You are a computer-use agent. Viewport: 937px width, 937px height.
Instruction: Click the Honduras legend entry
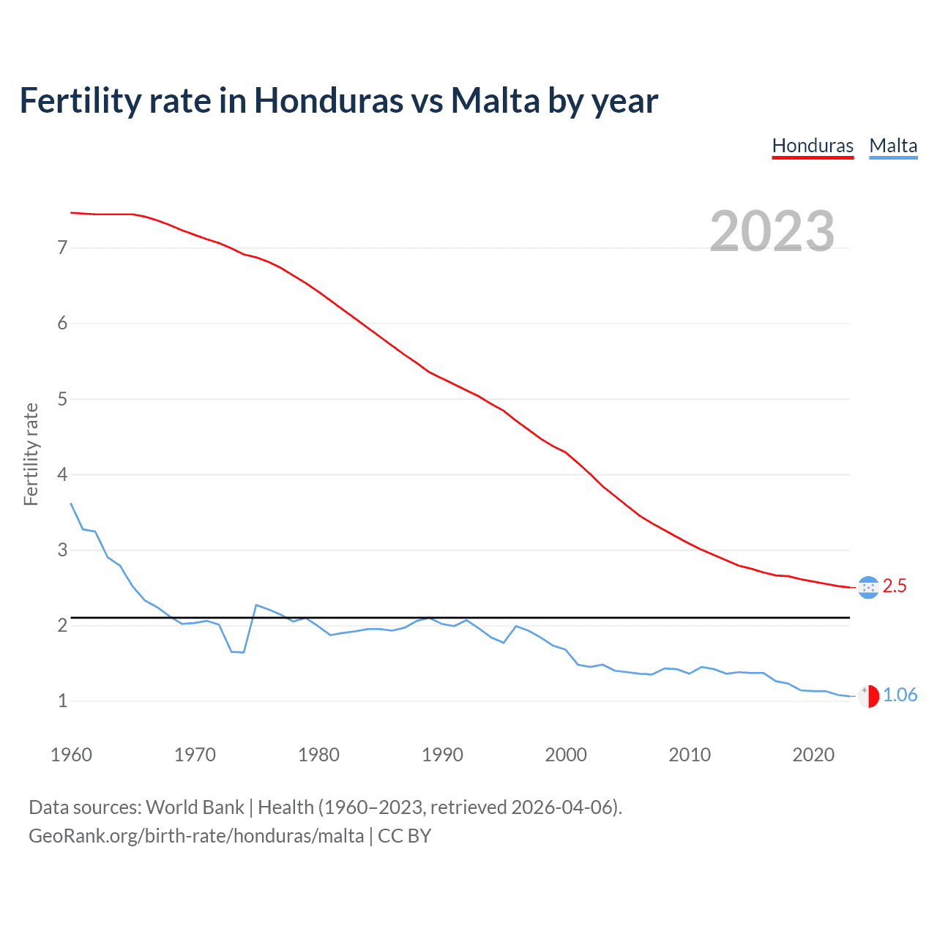click(x=813, y=146)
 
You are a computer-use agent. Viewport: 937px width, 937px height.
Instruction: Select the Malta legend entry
click(x=893, y=146)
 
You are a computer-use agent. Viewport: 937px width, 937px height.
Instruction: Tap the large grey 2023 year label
click(x=772, y=231)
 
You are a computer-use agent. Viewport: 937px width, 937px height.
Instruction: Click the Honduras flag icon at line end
click(x=868, y=587)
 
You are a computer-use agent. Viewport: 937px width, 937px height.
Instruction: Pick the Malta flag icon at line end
click(x=868, y=696)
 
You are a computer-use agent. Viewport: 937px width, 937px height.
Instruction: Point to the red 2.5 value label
click(x=895, y=586)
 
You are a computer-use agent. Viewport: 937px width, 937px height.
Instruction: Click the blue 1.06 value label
click(x=900, y=695)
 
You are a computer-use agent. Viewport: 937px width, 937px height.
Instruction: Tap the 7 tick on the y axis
click(x=62, y=248)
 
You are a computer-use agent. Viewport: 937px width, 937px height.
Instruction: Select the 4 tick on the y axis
click(x=62, y=474)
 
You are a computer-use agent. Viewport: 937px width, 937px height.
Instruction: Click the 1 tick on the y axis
click(x=62, y=701)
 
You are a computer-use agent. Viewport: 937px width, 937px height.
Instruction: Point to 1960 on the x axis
click(x=71, y=755)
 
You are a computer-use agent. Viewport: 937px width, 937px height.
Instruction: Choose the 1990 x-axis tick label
click(x=442, y=755)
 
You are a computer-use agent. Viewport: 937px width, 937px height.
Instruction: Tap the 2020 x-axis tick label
click(x=813, y=755)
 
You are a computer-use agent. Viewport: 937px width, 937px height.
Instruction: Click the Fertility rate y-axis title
click(x=31, y=454)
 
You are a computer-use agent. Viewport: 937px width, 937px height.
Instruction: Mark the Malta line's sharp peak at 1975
click(x=256, y=605)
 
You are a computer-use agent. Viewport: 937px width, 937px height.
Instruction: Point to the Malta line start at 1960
click(x=71, y=504)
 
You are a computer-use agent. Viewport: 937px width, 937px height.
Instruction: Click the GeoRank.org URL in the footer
click(x=196, y=836)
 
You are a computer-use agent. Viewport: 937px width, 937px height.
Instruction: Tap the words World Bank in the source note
click(x=195, y=807)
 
